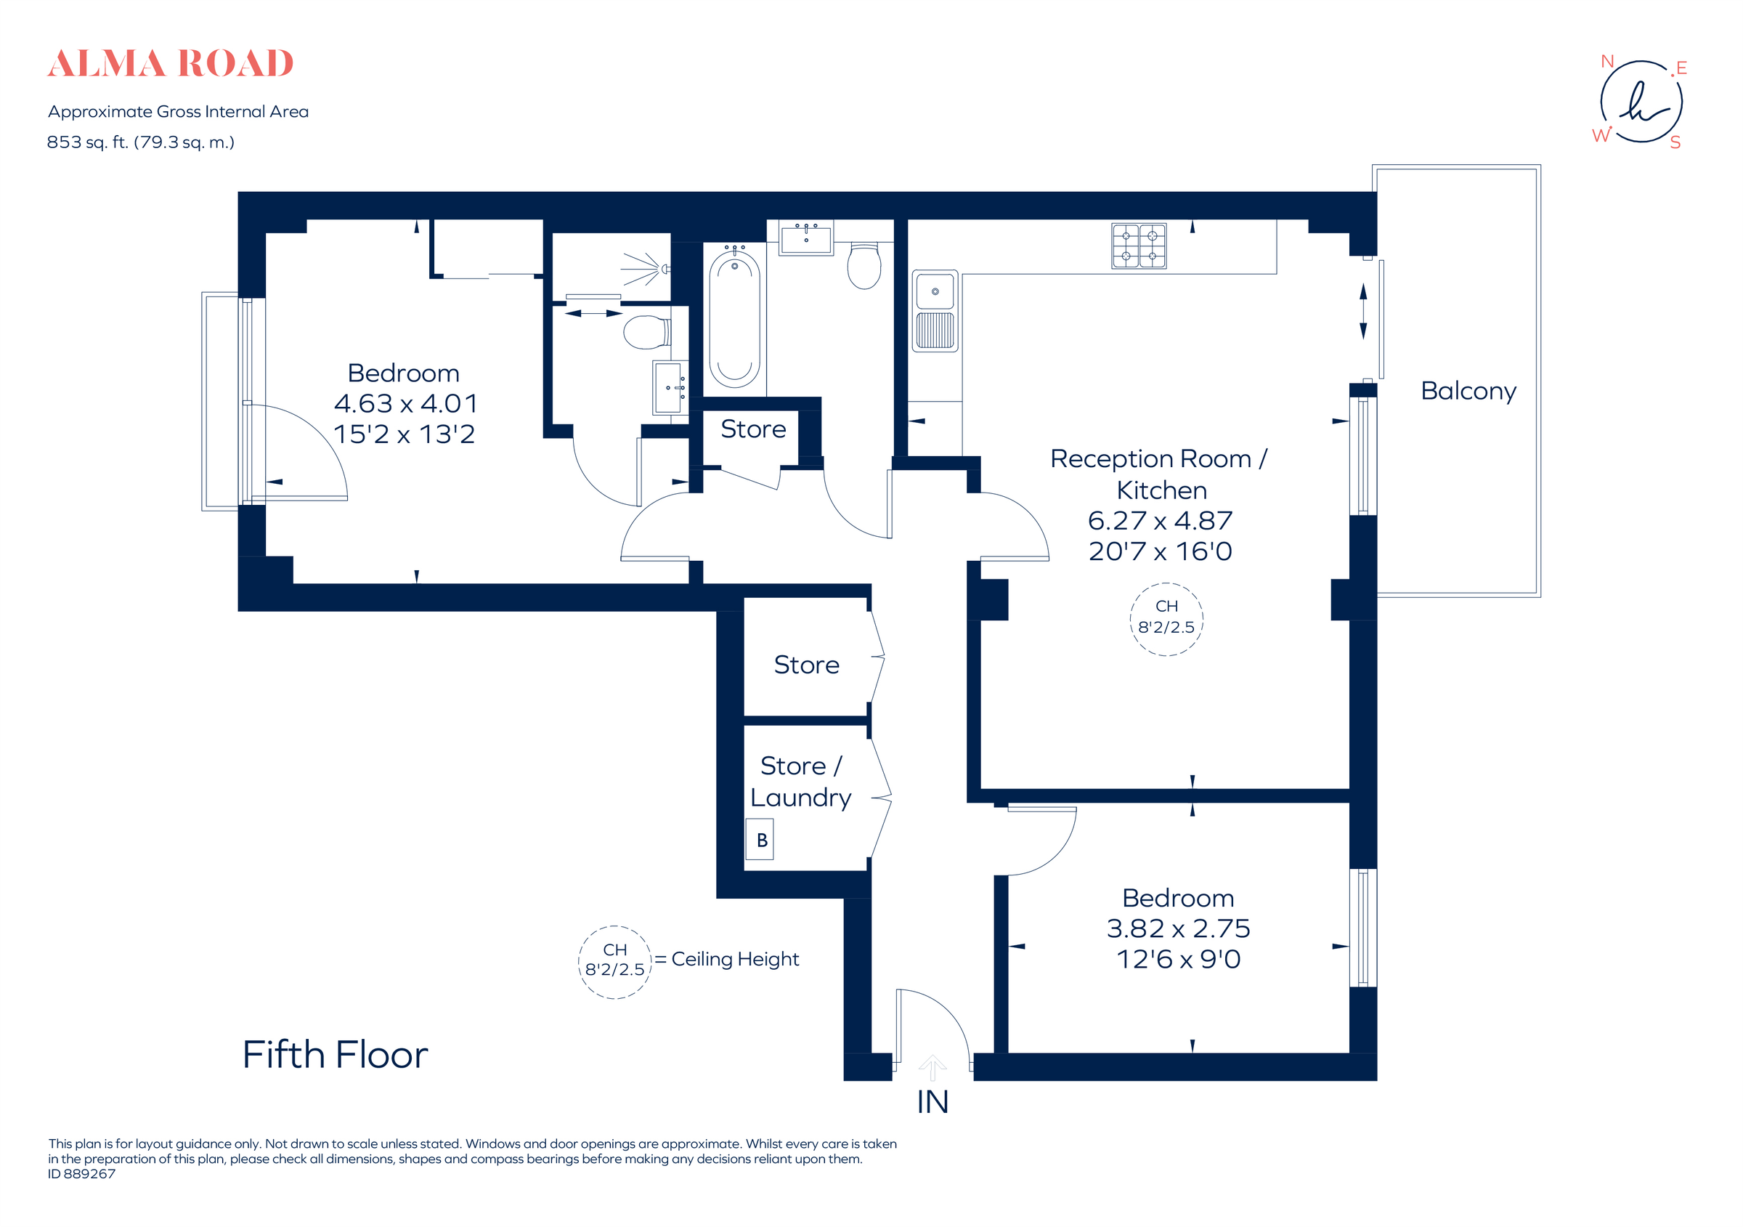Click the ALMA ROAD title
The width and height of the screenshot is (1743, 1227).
[x=170, y=64]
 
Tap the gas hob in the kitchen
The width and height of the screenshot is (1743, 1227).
[x=1139, y=246]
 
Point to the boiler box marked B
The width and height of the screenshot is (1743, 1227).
[x=759, y=840]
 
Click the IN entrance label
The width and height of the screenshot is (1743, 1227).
[x=933, y=1103]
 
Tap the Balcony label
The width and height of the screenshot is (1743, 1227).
[x=1468, y=391]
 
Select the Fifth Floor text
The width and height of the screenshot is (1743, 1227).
[x=335, y=1055]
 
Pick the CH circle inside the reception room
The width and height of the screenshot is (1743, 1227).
[x=1166, y=618]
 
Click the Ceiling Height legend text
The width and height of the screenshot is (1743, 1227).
[x=734, y=960]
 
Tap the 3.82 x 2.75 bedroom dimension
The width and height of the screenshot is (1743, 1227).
[x=1177, y=928]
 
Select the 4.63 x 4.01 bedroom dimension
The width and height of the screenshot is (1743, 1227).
[x=405, y=403]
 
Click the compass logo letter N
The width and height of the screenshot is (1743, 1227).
[x=1606, y=62]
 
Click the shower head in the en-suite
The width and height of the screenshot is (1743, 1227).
[x=664, y=269]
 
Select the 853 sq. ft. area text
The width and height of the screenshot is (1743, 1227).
[x=140, y=142]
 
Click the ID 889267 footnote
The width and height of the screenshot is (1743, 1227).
[x=82, y=1174]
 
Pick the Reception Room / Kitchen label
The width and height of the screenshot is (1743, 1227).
[x=1159, y=474]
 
